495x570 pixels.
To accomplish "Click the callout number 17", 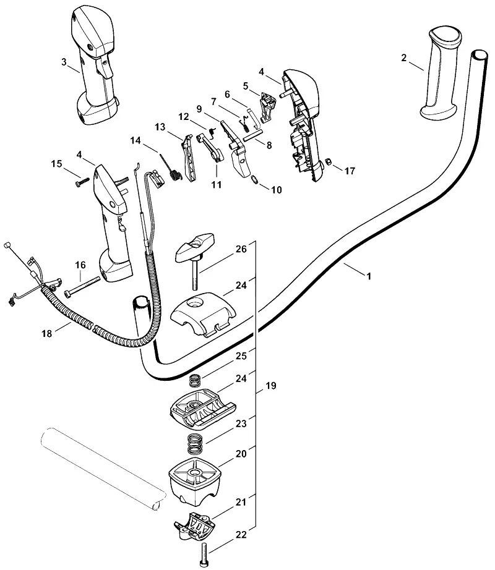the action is point(350,171).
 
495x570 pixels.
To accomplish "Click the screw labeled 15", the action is point(82,182).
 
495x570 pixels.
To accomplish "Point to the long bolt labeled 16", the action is point(82,286).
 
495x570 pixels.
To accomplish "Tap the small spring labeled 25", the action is point(196,381).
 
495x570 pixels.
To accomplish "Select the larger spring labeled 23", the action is point(195,444).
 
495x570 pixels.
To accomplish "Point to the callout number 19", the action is point(271,385).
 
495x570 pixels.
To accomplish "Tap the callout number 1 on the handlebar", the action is point(369,276).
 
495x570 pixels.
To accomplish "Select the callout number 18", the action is point(47,333).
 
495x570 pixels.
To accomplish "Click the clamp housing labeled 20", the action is point(194,482).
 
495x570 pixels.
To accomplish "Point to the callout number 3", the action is point(64,62).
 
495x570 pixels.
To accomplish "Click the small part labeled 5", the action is point(267,107).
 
